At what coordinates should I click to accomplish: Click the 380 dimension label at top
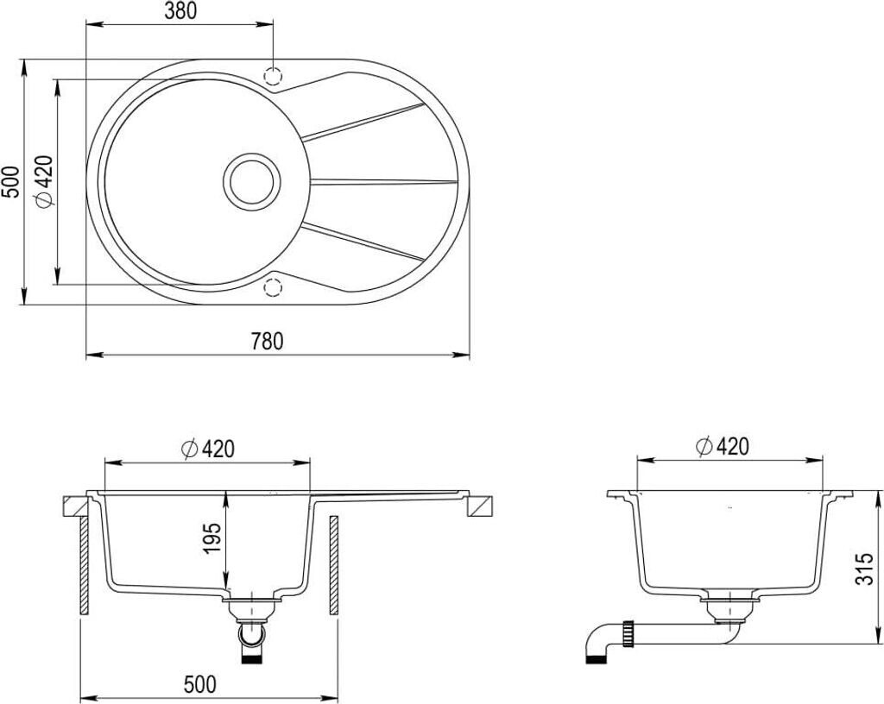point(180,12)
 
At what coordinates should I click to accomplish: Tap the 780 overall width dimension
point(268,342)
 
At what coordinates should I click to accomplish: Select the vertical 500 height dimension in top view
point(11,181)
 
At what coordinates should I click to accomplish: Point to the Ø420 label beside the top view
point(44,181)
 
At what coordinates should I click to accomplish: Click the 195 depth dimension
point(212,538)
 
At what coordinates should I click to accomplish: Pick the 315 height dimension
point(864,569)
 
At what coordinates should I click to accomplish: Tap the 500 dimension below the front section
point(199,684)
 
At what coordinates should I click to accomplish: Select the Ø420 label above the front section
point(207,449)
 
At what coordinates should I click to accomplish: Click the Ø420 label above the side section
point(723,447)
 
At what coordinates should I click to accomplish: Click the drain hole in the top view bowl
point(251,181)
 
